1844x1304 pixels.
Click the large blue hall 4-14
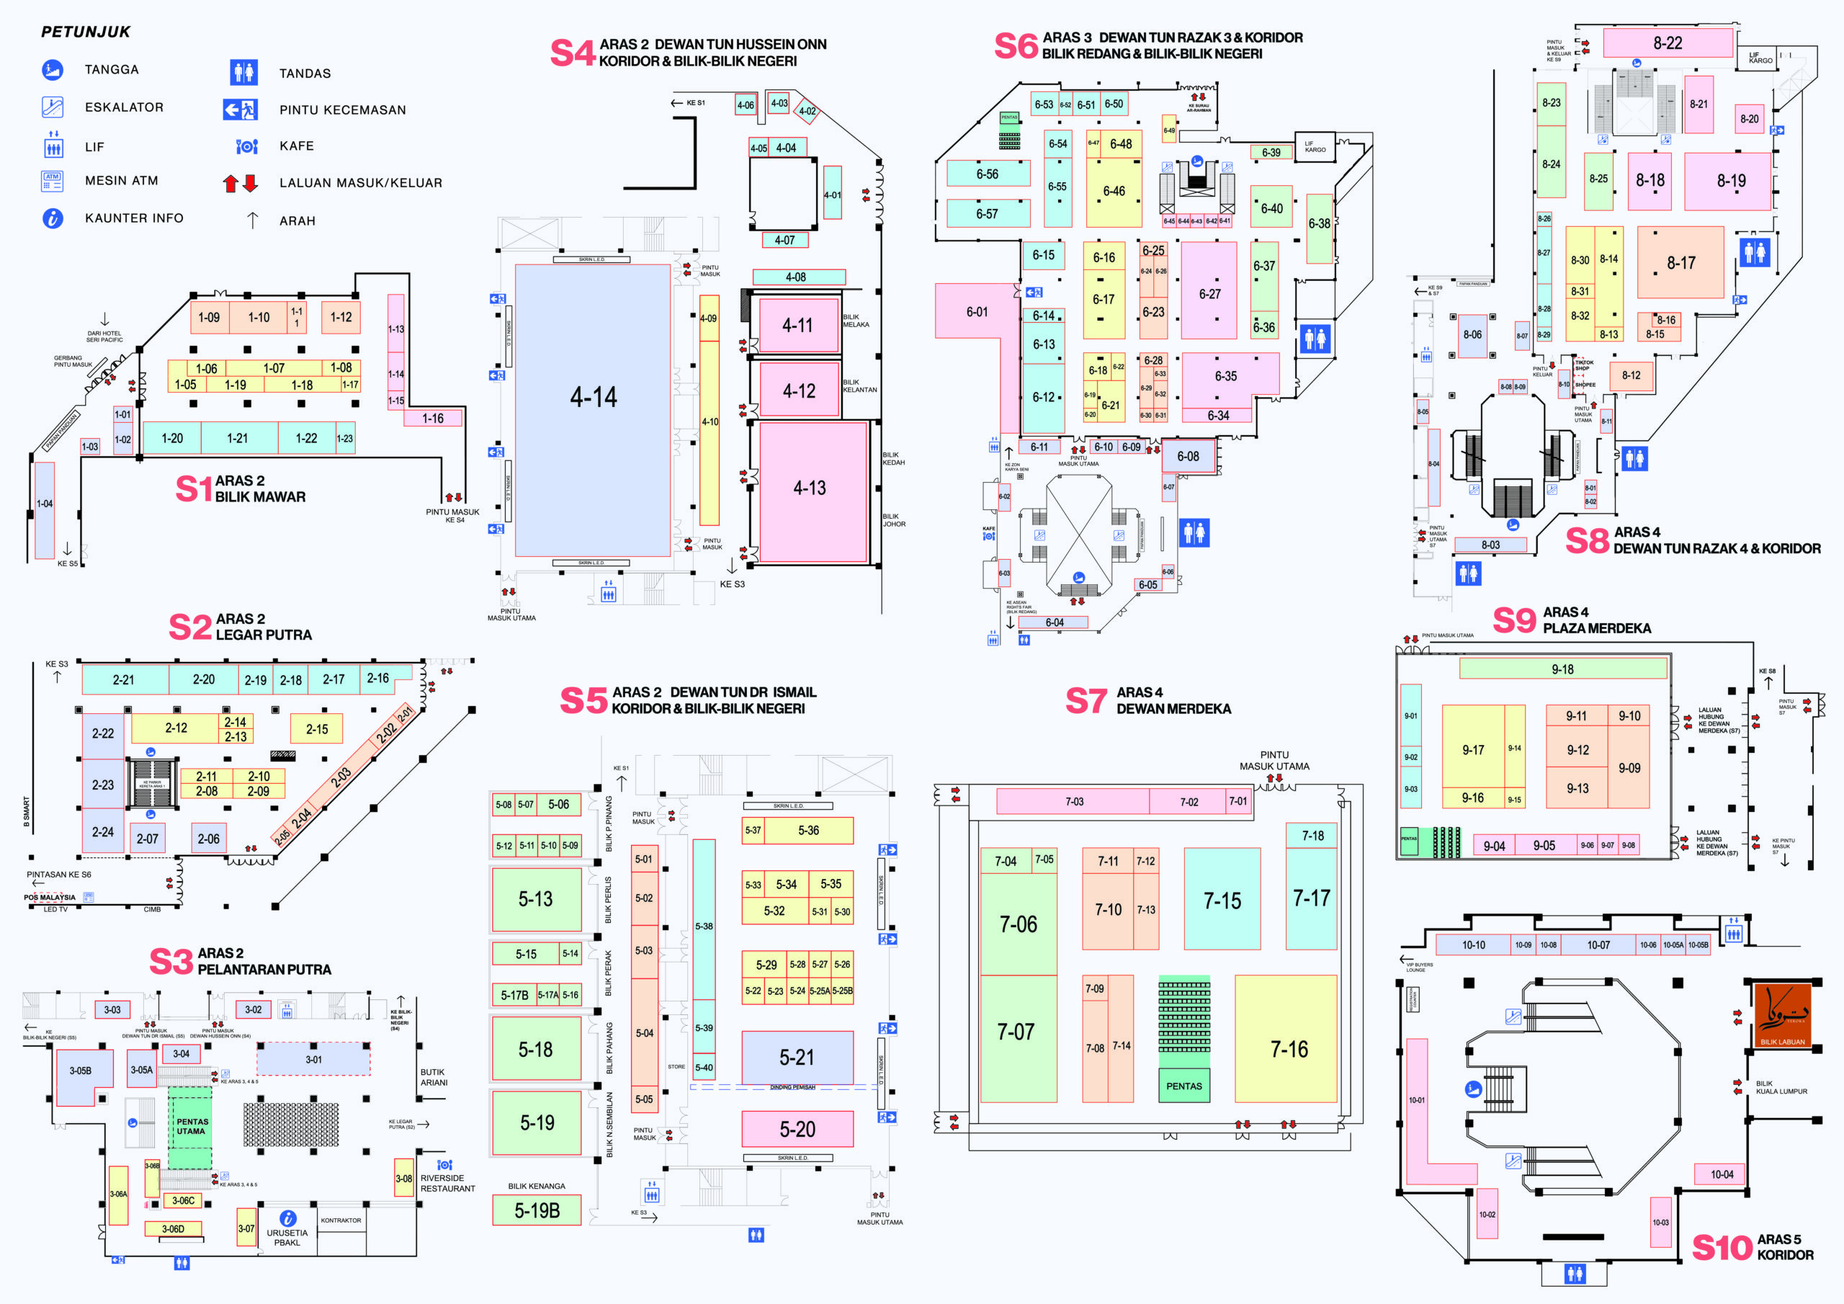click(x=593, y=410)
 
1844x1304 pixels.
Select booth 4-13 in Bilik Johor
click(x=810, y=488)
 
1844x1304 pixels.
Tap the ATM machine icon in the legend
click(x=52, y=182)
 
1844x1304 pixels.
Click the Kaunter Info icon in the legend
click(x=52, y=218)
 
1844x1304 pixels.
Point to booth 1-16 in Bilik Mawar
click(x=432, y=419)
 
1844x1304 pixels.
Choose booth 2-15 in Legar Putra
click(x=316, y=729)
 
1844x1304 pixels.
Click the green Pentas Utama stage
click(x=190, y=1127)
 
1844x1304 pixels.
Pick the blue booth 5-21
click(x=797, y=1058)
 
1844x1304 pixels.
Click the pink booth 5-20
click(x=797, y=1129)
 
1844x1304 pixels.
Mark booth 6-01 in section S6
click(x=977, y=312)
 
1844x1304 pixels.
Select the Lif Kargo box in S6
click(x=1315, y=147)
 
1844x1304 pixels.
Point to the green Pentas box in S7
click(x=1183, y=1086)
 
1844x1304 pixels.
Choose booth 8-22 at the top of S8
click(x=1668, y=43)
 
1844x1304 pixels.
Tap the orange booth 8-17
click(x=1680, y=263)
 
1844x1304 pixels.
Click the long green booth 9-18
click(x=1562, y=669)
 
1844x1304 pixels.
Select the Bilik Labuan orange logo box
click(x=1782, y=1015)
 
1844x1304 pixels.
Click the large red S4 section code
click(x=572, y=53)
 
